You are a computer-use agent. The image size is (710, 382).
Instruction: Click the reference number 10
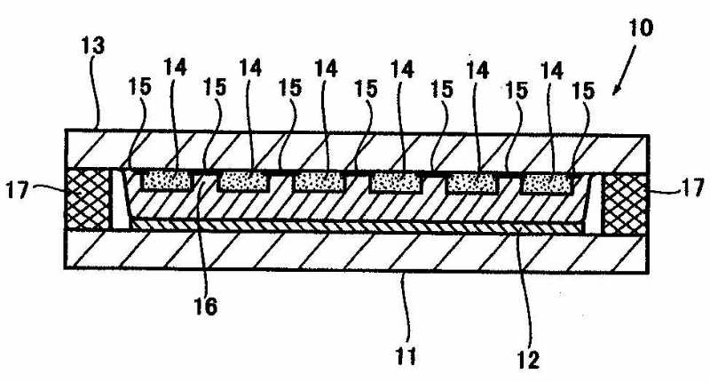click(x=640, y=28)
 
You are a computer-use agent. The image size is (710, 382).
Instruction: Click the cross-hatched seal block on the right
click(x=625, y=198)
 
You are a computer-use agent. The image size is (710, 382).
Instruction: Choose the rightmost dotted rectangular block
click(x=548, y=182)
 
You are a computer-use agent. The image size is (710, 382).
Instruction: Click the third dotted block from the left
click(x=319, y=181)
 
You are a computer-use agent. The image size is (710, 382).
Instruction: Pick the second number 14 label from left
click(x=251, y=68)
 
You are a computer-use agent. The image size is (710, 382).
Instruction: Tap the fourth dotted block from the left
click(x=396, y=182)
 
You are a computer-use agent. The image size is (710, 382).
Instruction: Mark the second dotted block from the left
click(x=242, y=181)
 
